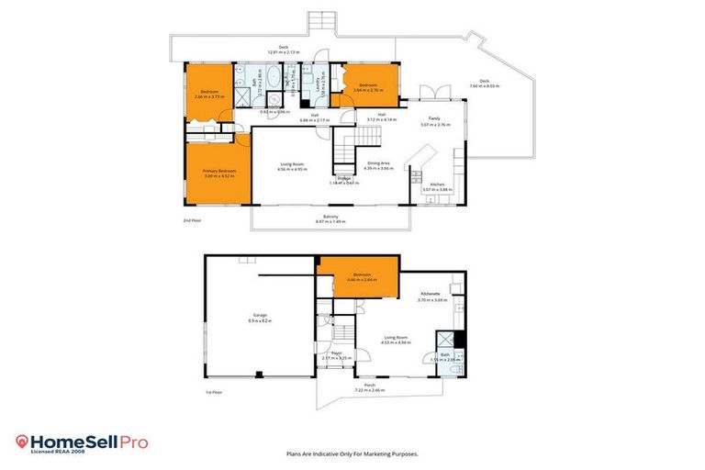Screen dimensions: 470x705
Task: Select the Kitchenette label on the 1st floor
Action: pyautogui.click(x=431, y=294)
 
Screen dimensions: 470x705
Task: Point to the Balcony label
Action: pyautogui.click(x=332, y=217)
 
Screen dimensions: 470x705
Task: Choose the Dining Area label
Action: pyautogui.click(x=378, y=163)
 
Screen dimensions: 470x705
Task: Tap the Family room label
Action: pyautogui.click(x=434, y=119)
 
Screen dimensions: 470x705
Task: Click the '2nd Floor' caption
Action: pyautogui.click(x=191, y=221)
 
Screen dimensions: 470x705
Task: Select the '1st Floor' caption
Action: pyautogui.click(x=213, y=392)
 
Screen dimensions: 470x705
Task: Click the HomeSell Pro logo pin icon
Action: pyautogui.click(x=22, y=442)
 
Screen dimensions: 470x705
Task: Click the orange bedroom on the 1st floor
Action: pyautogui.click(x=358, y=277)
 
